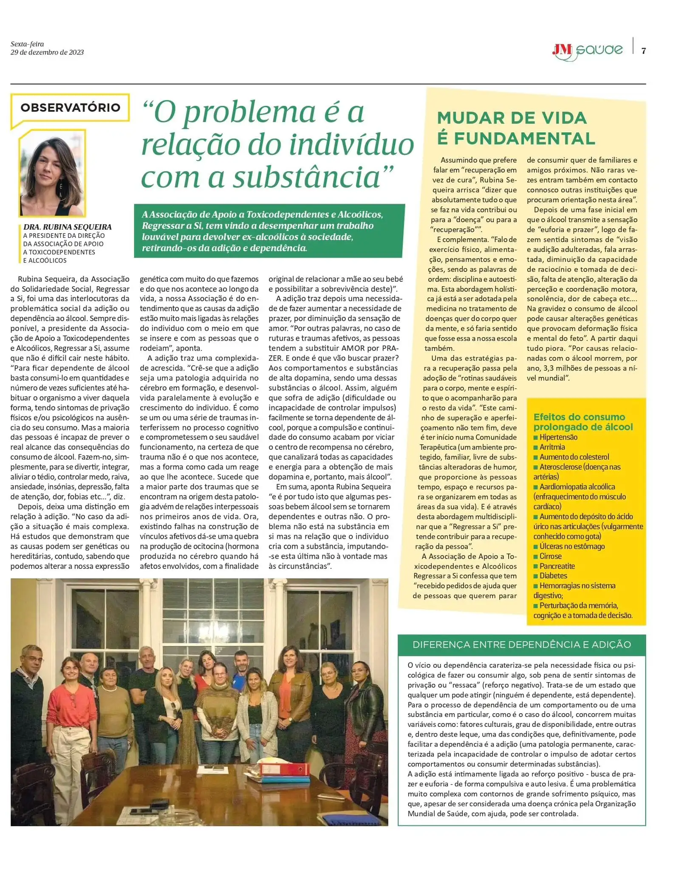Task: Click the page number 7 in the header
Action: (643, 51)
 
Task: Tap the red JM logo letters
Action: (562, 50)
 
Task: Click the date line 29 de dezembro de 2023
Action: (47, 53)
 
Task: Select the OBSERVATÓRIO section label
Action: (70, 107)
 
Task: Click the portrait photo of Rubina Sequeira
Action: (52, 173)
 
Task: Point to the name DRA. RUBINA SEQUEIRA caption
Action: (68, 227)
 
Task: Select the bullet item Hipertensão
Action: (558, 437)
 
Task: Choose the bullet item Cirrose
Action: (550, 556)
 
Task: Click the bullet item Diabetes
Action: (553, 576)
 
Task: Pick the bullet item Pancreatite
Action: (557, 566)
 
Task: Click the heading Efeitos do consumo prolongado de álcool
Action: (583, 422)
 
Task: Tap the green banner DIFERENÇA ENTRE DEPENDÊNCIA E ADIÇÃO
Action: (521, 644)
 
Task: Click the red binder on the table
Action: (285, 769)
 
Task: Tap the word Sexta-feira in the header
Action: (27, 44)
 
